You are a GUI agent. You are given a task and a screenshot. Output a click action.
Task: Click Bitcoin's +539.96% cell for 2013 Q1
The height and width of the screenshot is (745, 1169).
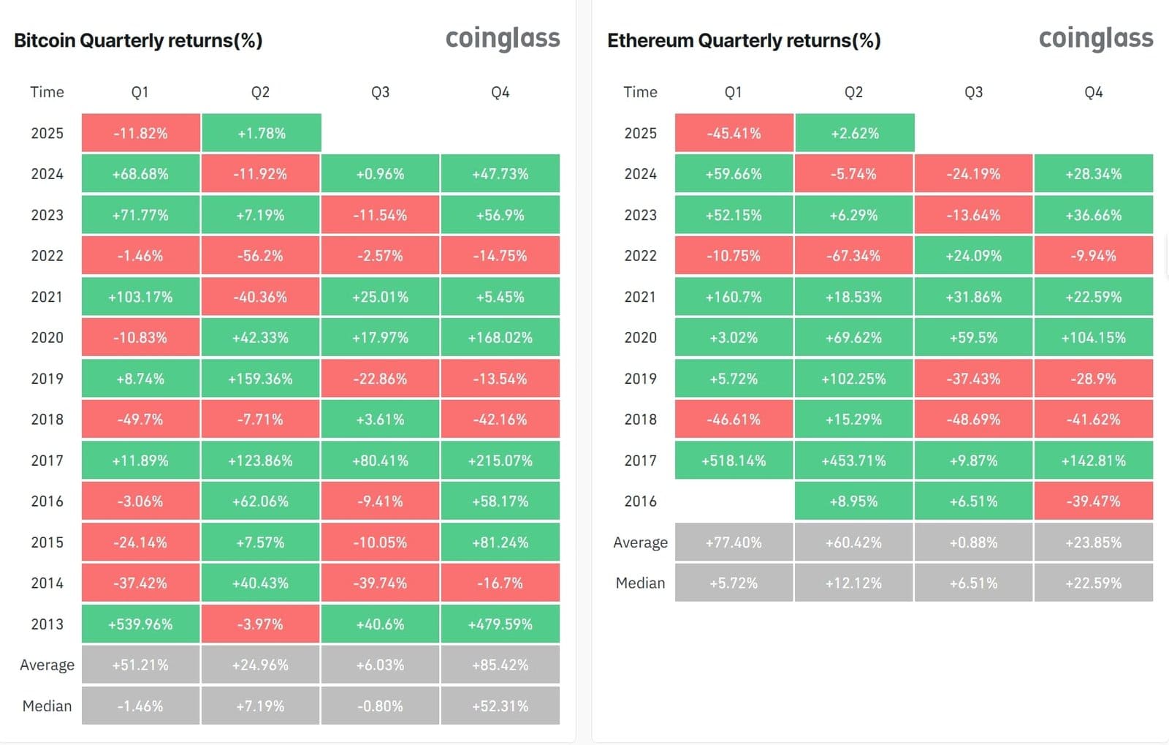tap(140, 624)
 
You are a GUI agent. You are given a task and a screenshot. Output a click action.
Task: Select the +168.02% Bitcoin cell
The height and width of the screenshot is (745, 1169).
tap(500, 338)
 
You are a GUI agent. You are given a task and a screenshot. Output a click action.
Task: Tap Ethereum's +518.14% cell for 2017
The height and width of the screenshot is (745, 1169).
tap(734, 461)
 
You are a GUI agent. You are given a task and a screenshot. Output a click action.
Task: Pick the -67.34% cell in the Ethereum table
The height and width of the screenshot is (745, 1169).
tap(853, 256)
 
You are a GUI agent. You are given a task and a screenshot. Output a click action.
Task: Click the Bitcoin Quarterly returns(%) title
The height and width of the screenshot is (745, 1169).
tap(138, 40)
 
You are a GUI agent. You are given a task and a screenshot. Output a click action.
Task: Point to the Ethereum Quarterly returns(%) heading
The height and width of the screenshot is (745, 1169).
tap(744, 40)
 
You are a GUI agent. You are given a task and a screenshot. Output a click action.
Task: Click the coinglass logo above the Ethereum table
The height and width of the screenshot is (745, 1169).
tap(1096, 38)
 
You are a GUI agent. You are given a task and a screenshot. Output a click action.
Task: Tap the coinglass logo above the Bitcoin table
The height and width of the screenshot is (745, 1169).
tap(503, 38)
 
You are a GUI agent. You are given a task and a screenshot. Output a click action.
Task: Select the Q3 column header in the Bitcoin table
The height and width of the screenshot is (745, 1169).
tap(380, 92)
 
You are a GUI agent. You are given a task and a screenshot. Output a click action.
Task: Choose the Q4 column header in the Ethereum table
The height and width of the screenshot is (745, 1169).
tap(1093, 92)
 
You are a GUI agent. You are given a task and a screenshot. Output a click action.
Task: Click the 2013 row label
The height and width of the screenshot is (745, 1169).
tap(47, 624)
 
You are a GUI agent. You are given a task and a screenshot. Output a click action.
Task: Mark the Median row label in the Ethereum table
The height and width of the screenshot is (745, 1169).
tap(640, 583)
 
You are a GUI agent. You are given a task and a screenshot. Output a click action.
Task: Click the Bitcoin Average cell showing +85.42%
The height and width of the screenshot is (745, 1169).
tap(500, 665)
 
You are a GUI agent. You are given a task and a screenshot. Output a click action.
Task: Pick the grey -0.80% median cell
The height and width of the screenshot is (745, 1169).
tap(380, 706)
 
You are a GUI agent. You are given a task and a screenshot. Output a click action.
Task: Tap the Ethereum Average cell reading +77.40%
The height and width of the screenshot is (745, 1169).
tap(734, 542)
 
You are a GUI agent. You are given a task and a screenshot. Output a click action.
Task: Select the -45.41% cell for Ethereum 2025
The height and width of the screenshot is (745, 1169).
tap(734, 133)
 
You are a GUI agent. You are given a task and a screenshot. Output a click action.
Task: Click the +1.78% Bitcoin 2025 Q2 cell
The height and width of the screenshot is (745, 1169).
tap(261, 133)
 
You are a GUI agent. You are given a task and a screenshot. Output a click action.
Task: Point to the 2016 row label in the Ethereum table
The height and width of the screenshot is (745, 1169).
tap(640, 502)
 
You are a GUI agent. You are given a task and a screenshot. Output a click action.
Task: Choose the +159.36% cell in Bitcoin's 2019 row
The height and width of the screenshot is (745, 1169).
tap(260, 379)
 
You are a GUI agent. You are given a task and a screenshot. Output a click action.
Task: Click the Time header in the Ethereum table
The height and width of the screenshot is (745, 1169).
tap(640, 92)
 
